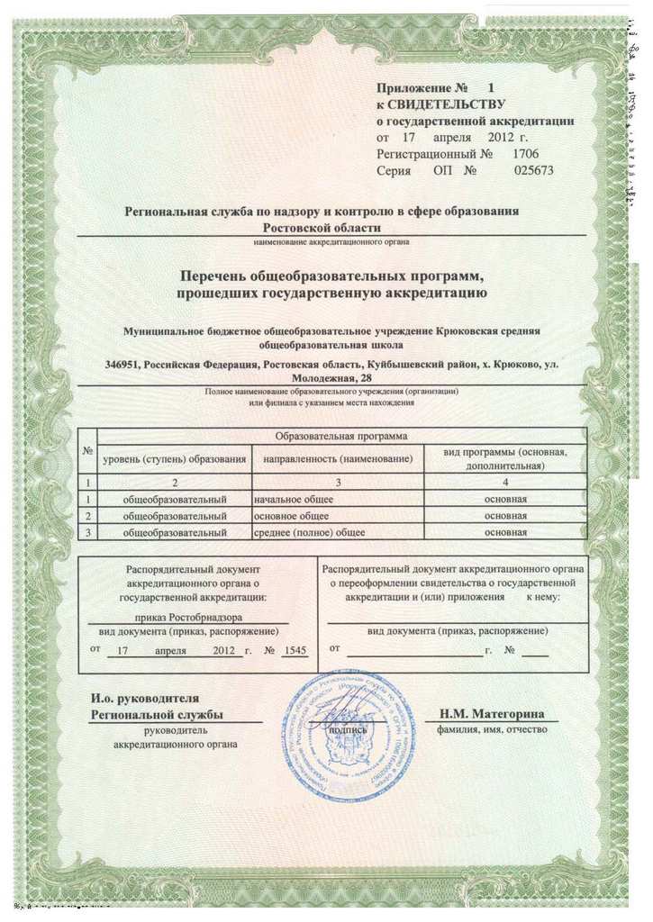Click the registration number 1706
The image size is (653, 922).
click(x=526, y=154)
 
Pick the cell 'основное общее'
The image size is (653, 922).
click(x=292, y=515)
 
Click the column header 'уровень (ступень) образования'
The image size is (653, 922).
click(x=175, y=459)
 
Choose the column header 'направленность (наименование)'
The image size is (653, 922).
click(x=337, y=459)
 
